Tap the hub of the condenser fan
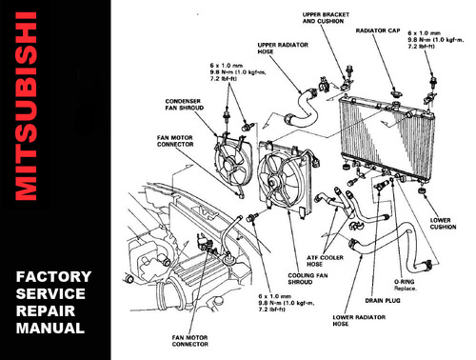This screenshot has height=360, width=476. coord(231,166)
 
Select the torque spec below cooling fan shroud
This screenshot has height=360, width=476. coord(285,304)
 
